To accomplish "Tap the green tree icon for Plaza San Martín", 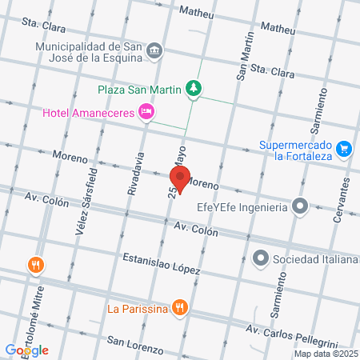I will tap(192, 89).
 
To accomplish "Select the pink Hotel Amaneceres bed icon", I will tap(146, 112).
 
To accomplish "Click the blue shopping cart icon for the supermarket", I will tap(345, 149).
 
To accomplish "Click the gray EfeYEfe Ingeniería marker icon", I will tap(300, 207).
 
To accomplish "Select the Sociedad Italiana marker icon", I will tap(260, 258).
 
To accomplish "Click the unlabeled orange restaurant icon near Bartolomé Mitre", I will tap(35, 264).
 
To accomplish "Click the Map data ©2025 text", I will tap(326, 353).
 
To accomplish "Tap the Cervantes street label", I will tap(346, 194).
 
